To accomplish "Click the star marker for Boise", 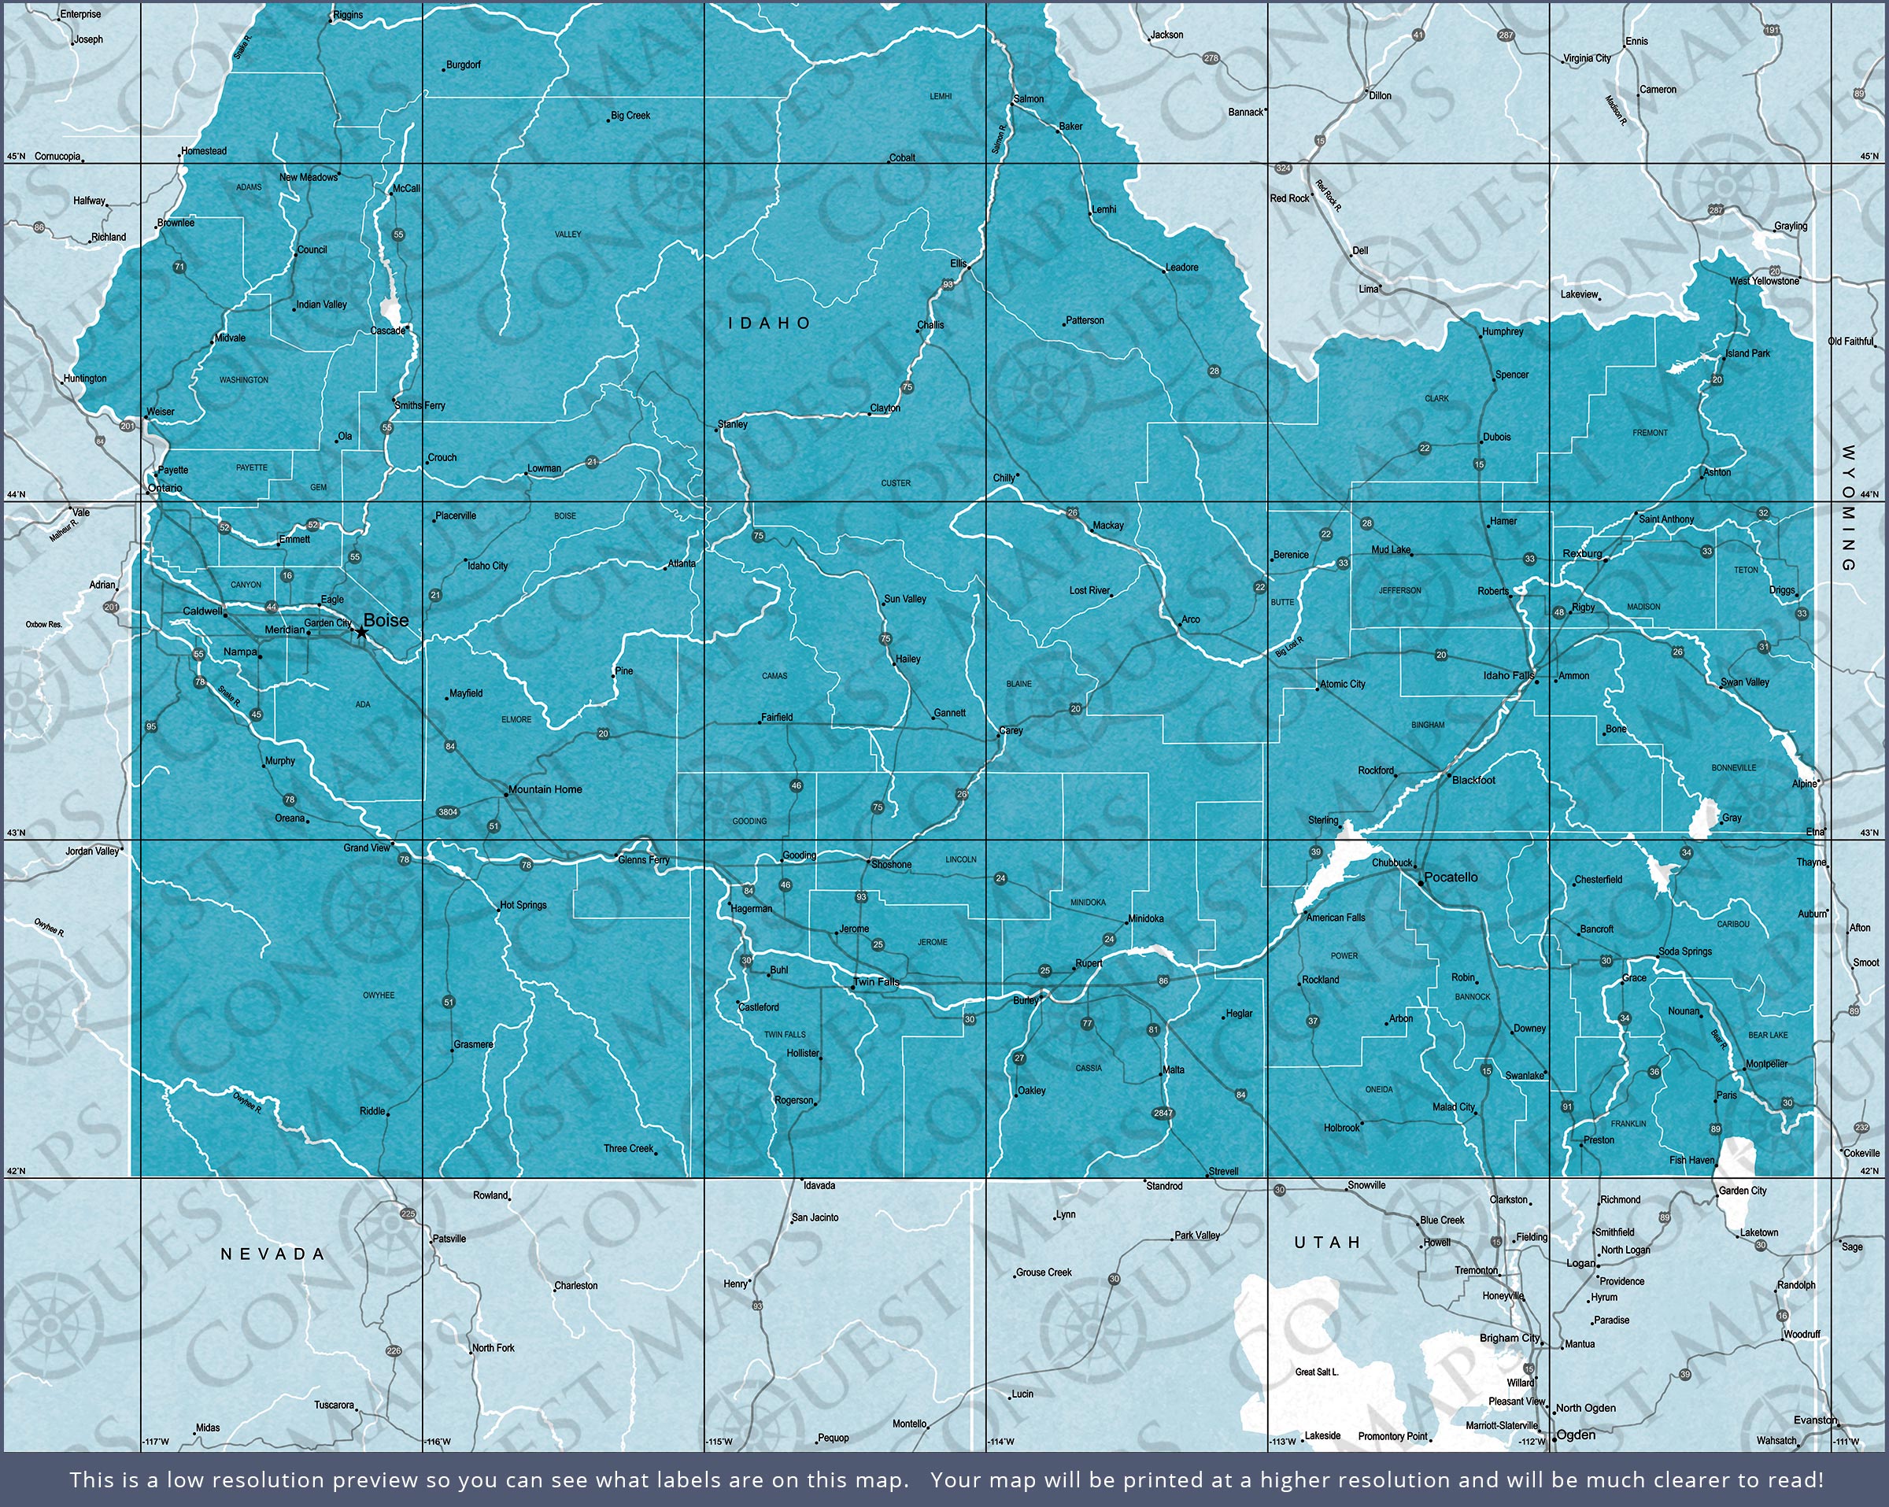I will pos(361,632).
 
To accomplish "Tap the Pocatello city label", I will pos(1451,877).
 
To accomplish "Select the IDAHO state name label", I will pos(770,323).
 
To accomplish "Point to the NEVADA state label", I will pos(272,1254).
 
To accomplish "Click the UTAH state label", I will pos(1327,1243).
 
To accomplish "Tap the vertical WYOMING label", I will pos(1849,508).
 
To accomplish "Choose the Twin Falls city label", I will pos(876,981).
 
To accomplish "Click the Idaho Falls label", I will pos(1509,675).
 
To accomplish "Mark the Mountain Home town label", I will pos(545,789).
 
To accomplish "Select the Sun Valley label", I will pos(905,600).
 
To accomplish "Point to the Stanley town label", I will pos(733,424).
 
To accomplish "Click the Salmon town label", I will pos(1029,99).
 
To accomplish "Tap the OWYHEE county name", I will pos(379,995).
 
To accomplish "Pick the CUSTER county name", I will pos(896,482).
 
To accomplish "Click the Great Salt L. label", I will pos(1317,1372).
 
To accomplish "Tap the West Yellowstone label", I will pos(1764,281).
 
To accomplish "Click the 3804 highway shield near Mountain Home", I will pos(448,812).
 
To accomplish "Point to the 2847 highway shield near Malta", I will pos(1163,1114).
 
